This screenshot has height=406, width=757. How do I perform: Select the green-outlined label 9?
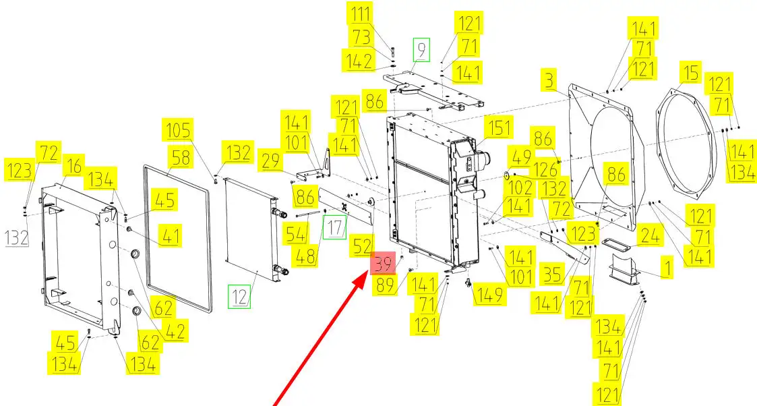point(421,49)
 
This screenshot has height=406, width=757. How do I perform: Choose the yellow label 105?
point(179,130)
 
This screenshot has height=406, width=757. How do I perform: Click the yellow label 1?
point(666,269)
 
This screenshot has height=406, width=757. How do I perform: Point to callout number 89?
point(386,286)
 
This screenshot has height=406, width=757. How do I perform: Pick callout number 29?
point(272,163)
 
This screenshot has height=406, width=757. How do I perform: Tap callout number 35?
point(552,275)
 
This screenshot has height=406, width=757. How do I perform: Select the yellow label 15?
point(690,73)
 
